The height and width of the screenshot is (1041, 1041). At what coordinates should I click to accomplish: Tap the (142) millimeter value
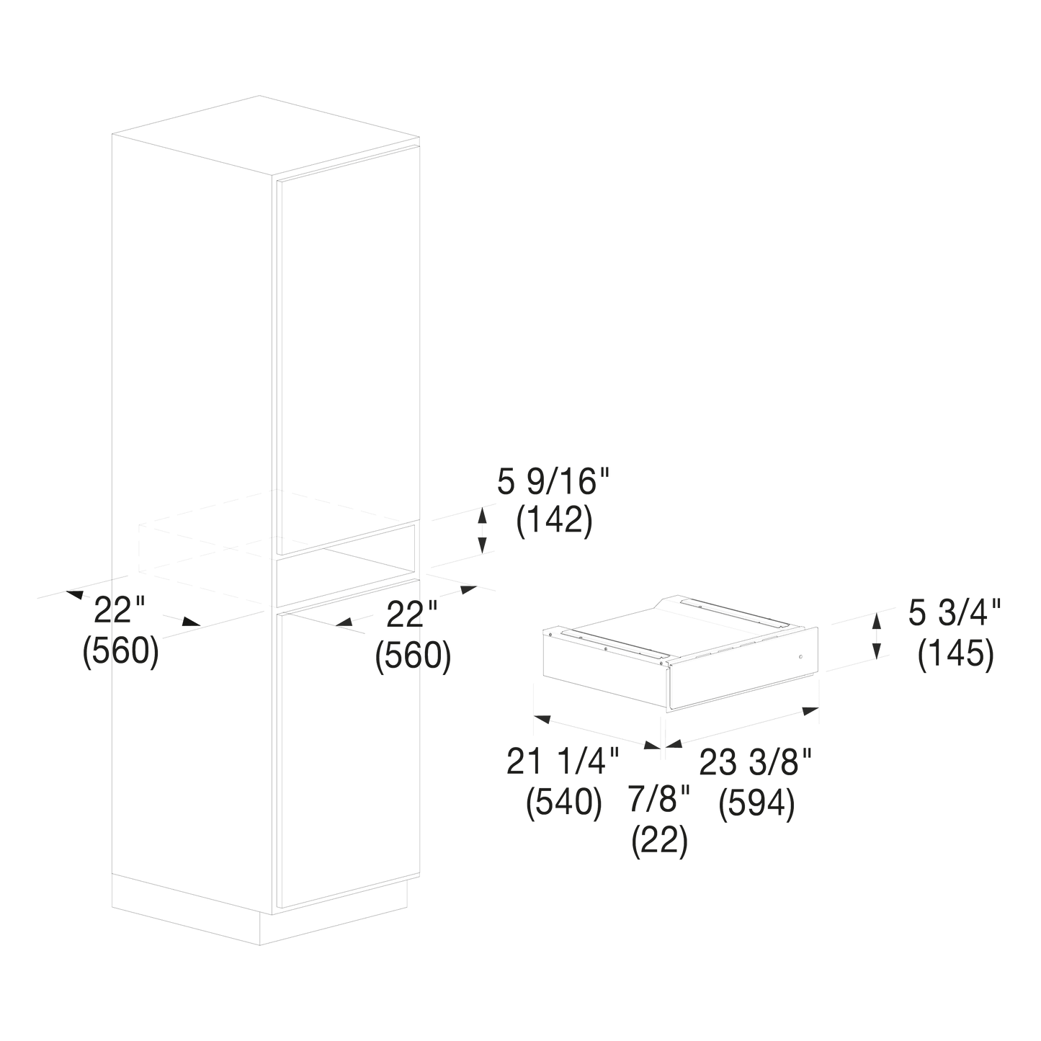[554, 522]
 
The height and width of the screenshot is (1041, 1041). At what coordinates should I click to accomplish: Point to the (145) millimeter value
[956, 655]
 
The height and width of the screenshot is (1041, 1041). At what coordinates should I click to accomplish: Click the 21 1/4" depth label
[563, 761]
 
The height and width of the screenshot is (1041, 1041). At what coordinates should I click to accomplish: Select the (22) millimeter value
[660, 841]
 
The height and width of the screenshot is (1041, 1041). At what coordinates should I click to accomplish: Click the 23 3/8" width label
[756, 761]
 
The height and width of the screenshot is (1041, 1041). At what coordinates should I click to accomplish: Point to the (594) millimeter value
[756, 803]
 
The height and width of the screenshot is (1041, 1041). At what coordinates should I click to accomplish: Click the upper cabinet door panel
[348, 350]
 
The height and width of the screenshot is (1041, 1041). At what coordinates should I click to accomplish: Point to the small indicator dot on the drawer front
[800, 657]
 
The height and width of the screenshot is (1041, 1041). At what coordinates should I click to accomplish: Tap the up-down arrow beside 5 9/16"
[483, 530]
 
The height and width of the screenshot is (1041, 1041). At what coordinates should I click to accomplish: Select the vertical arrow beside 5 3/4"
[877, 636]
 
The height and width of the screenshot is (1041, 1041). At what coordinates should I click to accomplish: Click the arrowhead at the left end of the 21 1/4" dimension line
[542, 719]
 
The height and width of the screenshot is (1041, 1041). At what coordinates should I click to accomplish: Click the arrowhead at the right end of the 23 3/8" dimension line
[811, 711]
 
